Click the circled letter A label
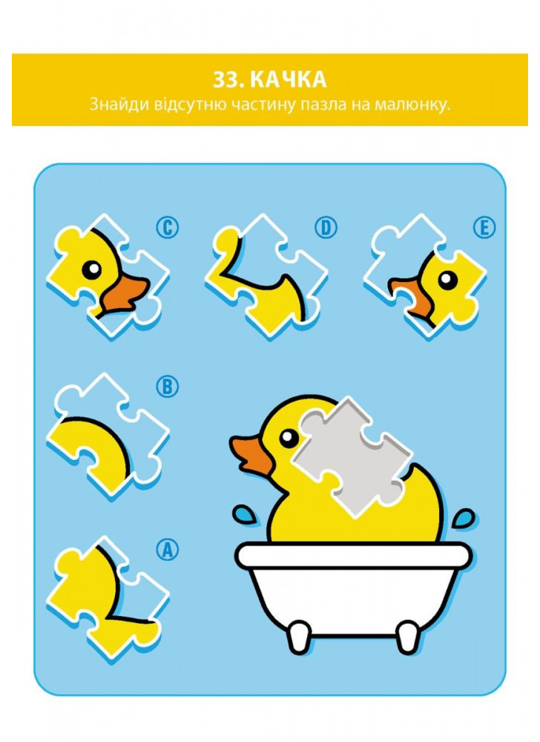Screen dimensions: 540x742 coord(168,549)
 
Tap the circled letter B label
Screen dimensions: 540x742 coord(168,387)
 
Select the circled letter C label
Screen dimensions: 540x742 coord(168,227)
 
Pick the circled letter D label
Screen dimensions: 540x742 coord(326,227)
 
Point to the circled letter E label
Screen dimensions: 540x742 coord(484,227)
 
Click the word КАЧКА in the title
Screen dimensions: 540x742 coord(288,79)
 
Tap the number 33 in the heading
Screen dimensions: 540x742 coord(228,79)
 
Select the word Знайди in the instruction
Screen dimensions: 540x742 coord(119,104)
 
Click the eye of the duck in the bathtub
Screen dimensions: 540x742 coord(289,439)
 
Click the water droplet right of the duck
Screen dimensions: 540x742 coord(464,519)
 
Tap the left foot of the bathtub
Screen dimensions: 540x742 coord(300,638)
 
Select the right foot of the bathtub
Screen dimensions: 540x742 coord(408,638)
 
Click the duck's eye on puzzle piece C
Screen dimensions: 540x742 coord(92,269)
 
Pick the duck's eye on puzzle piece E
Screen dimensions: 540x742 coord(447,280)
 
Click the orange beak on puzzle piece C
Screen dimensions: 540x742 coord(125,294)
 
